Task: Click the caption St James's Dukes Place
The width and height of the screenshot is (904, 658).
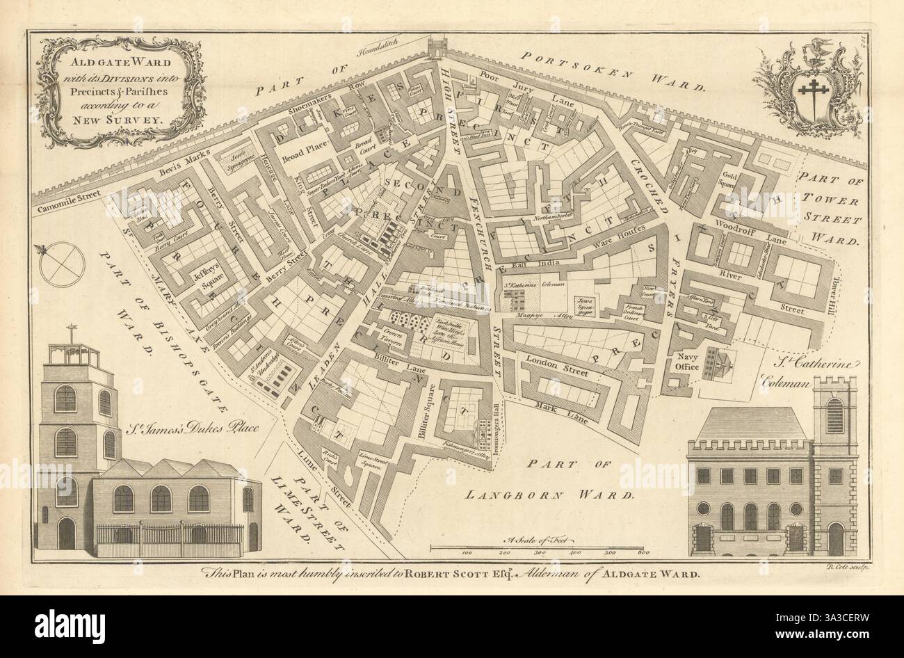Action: pos(202,428)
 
